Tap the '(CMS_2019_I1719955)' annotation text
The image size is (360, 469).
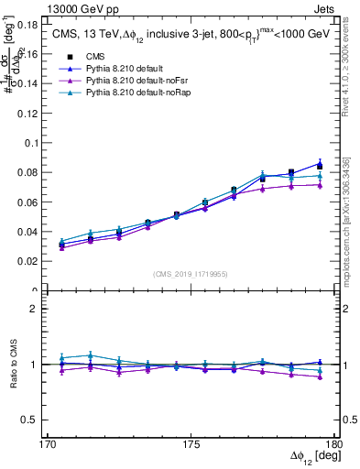(x=191, y=274)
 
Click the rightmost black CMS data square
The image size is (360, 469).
(x=320, y=166)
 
